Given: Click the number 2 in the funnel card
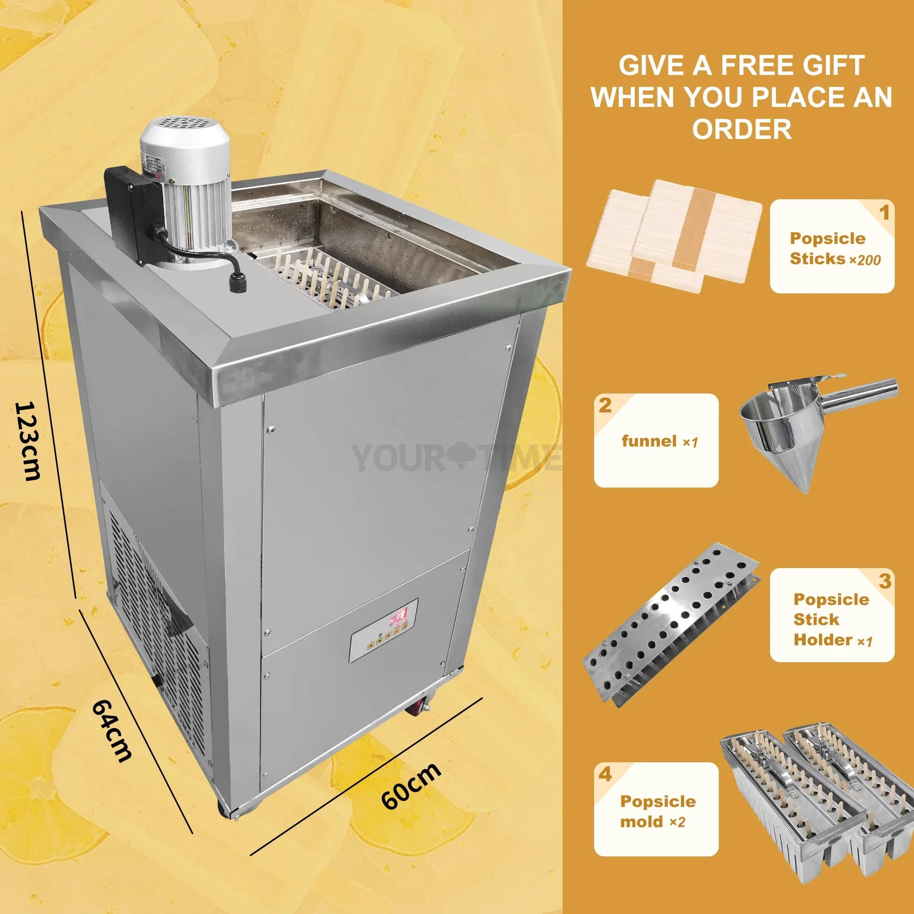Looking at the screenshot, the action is (605, 405).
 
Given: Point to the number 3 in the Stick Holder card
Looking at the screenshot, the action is (885, 581).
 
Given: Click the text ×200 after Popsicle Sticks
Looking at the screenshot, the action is (866, 260).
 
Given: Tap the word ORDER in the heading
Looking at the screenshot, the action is (742, 129).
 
